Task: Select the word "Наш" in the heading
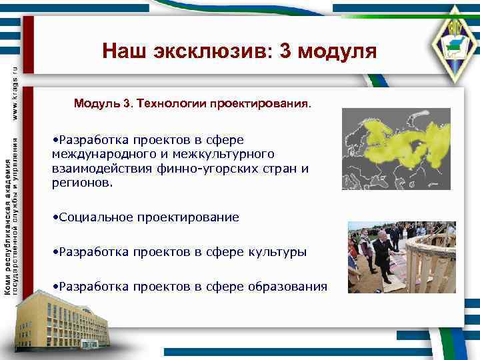pyautogui.click(x=125, y=51)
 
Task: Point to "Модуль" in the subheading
pyautogui.click(x=96, y=104)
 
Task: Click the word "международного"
pyautogui.click(x=95, y=154)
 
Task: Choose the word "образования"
pyautogui.click(x=287, y=287)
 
